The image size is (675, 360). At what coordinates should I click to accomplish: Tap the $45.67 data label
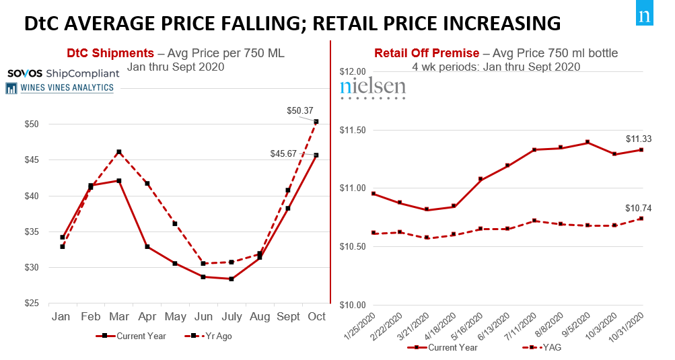[x=283, y=153]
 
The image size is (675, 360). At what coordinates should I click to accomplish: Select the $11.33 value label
[x=639, y=139]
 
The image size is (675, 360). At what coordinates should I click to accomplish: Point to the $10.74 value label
[x=639, y=208]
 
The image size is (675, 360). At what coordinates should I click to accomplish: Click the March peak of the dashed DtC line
[x=119, y=152]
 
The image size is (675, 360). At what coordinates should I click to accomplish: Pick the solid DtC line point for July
[x=231, y=279]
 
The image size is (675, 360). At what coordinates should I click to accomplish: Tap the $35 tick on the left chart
[x=30, y=232]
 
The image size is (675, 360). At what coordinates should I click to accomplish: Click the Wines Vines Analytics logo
[x=59, y=87]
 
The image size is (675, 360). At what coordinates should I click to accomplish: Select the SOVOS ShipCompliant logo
[x=63, y=73]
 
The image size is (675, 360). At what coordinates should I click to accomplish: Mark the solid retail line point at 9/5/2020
[x=588, y=142]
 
